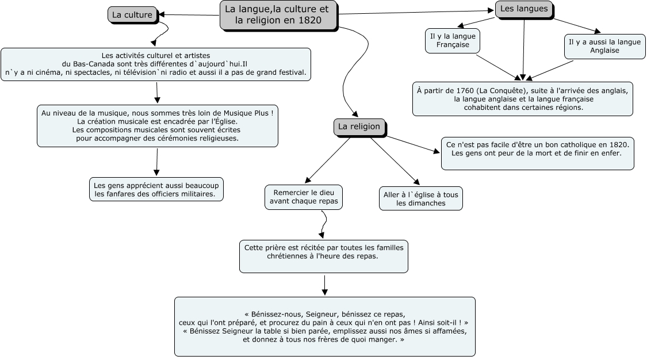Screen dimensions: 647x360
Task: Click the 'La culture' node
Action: point(132,15)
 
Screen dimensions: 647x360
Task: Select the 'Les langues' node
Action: point(524,9)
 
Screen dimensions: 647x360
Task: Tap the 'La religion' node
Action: point(359,127)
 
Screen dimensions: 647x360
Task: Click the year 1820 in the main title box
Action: point(309,20)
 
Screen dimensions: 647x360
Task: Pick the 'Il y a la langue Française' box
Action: point(453,41)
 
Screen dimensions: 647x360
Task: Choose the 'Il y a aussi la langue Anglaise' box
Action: point(604,47)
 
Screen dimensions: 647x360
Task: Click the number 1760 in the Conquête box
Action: point(465,91)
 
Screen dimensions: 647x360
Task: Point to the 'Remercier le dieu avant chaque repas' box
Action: point(304,197)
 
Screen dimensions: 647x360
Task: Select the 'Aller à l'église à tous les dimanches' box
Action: point(421,199)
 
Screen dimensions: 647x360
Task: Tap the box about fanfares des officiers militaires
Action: point(156,190)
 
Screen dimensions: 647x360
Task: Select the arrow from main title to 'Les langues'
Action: point(416,13)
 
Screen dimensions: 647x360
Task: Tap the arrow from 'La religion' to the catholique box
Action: point(412,144)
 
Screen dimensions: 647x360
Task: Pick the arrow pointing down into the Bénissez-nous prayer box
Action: point(325,285)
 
